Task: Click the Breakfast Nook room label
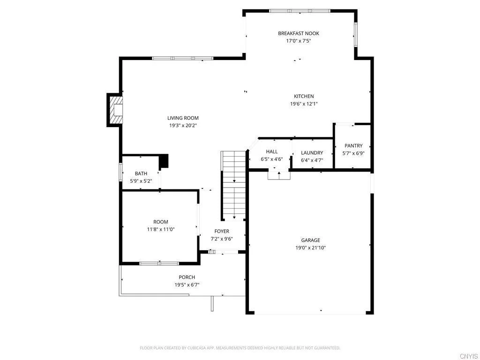[x=298, y=33]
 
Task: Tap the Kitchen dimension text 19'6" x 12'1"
[x=304, y=104]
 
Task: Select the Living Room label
[x=183, y=118]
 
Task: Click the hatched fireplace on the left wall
[x=115, y=110]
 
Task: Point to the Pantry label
[x=353, y=146]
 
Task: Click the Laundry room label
[x=312, y=153]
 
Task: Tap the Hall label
[x=272, y=151]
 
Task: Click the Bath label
[x=141, y=173]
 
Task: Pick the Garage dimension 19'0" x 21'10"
[x=310, y=247]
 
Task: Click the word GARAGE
[x=310, y=240]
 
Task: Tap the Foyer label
[x=222, y=231]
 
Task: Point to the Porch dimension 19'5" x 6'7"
[x=187, y=285]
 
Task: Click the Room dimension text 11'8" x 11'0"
[x=160, y=229]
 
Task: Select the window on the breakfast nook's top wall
[x=300, y=10]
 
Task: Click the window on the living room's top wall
[x=183, y=58]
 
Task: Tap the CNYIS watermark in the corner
[x=469, y=356]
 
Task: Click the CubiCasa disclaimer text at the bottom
[x=240, y=348]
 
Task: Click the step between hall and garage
[x=279, y=175]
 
